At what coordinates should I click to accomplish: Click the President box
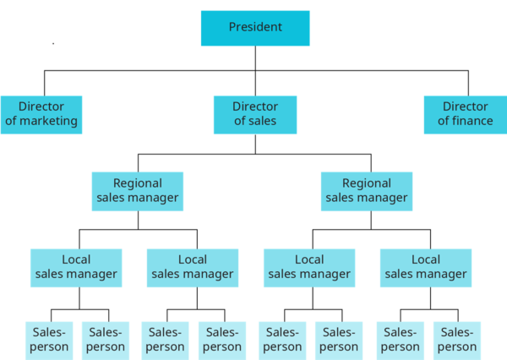(x=255, y=28)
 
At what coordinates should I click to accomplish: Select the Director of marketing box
(x=41, y=114)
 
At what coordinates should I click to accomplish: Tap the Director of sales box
(x=255, y=114)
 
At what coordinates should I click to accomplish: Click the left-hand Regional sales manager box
(x=138, y=191)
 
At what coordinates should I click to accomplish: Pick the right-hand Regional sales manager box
(x=367, y=191)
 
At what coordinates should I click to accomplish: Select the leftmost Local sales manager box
(x=76, y=267)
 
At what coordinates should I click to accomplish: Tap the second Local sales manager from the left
(x=193, y=267)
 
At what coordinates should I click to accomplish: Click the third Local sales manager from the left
(x=309, y=267)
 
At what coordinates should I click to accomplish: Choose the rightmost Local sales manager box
(x=426, y=267)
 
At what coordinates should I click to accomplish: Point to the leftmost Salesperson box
(x=47, y=340)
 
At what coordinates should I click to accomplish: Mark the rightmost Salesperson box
(x=456, y=340)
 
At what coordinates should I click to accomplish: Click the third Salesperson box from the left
(x=164, y=340)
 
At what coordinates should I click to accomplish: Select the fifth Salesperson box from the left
(x=281, y=340)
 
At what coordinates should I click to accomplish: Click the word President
(x=255, y=27)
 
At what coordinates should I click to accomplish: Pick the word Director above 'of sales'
(x=255, y=106)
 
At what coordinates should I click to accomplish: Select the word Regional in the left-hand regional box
(x=138, y=183)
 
